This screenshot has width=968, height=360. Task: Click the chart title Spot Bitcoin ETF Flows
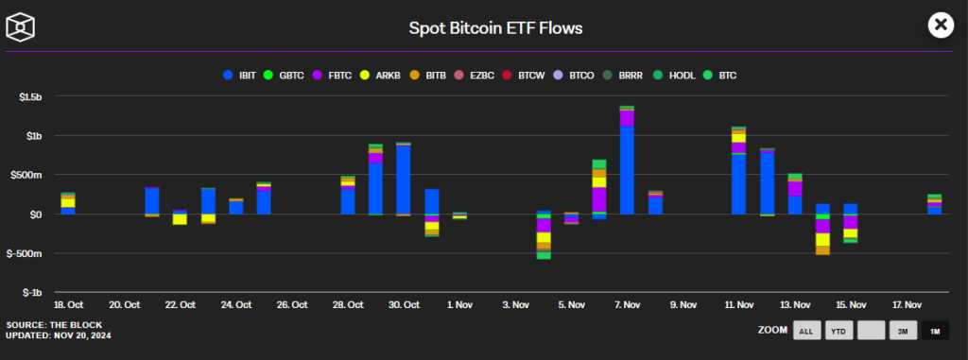coord(495,27)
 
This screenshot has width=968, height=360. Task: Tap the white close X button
coord(941,26)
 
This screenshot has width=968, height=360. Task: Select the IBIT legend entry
coord(241,76)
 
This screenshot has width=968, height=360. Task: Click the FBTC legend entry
coord(334,76)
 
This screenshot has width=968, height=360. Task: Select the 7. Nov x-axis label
coord(628,304)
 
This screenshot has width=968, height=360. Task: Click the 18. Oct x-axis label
coord(68,304)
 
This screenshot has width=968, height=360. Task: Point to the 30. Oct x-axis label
coord(404,304)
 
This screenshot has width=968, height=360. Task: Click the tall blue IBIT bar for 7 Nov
coord(628,170)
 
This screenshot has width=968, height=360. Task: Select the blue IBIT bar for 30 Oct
coord(404,180)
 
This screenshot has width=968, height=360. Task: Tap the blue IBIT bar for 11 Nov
coord(739,184)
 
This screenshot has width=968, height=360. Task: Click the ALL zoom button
coord(806,331)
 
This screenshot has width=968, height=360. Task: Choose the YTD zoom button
coord(838,331)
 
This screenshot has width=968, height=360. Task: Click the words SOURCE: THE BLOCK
coord(54,325)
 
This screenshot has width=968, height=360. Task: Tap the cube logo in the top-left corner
coord(20,26)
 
